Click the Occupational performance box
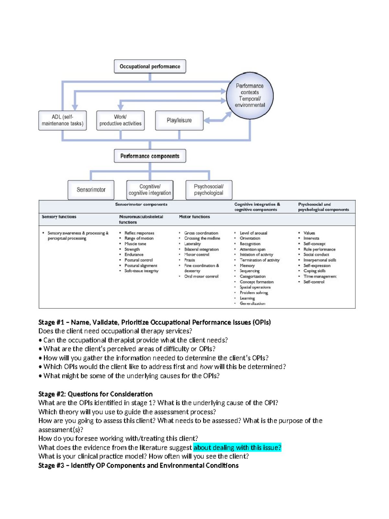tap(150, 66)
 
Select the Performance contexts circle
tap(250, 96)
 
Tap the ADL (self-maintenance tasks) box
tap(63, 120)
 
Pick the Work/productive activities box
tap(120, 120)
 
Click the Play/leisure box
tap(179, 120)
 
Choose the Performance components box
tap(150, 156)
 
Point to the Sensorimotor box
tap(91, 190)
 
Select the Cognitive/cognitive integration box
tap(150, 190)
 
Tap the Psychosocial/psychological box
tap(209, 190)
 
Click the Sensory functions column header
tap(59, 217)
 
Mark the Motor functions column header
tap(194, 217)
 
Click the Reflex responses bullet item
tap(139, 233)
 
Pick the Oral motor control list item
tap(201, 276)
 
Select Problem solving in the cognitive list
tap(254, 293)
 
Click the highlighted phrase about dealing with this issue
tap(237, 447)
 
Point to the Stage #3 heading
tap(138, 466)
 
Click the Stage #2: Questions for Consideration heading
tap(95, 394)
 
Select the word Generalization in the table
tap(253, 304)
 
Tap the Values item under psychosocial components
tap(309, 233)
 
